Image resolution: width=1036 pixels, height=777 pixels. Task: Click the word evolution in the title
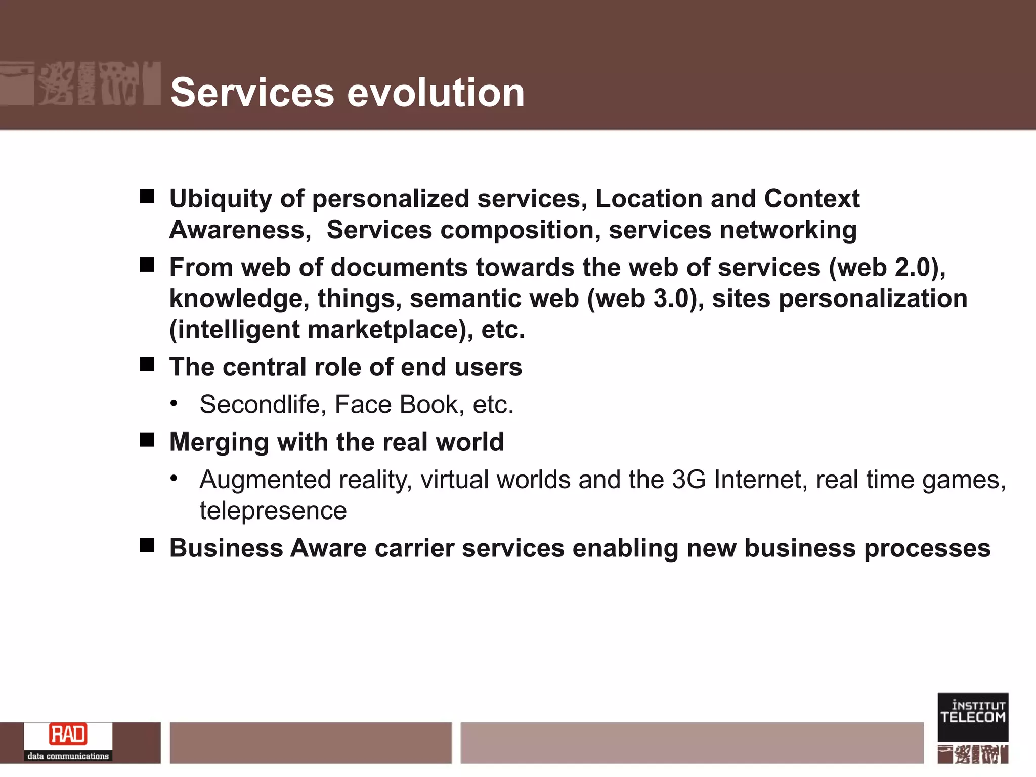point(437,93)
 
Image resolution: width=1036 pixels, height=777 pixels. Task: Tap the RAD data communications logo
point(68,742)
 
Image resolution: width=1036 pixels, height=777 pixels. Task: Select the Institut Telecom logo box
point(972,717)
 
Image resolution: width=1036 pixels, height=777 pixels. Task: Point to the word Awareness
point(240,230)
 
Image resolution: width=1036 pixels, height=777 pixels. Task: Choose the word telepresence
point(273,511)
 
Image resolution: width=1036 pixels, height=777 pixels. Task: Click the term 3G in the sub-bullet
point(688,480)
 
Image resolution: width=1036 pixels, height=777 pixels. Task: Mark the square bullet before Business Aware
point(147,545)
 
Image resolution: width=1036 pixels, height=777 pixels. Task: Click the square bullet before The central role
point(147,364)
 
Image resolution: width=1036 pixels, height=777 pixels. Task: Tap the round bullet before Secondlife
point(174,403)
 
